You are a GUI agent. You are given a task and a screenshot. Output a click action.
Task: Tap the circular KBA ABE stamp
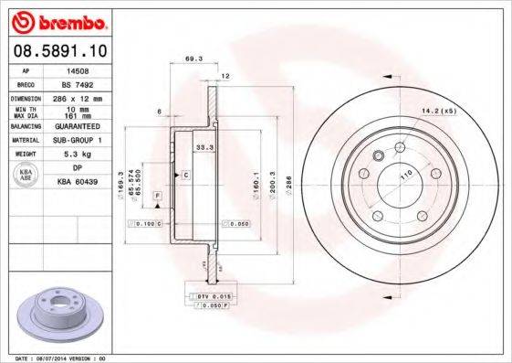pyautogui.click(x=26, y=176)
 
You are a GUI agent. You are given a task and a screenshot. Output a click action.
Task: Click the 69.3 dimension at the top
pyautogui.click(x=193, y=59)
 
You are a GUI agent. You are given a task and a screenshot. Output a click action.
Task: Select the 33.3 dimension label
pyautogui.click(x=204, y=146)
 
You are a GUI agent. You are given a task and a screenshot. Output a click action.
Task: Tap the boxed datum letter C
pyautogui.click(x=185, y=174)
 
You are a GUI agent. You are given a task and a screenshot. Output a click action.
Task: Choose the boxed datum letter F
pyautogui.click(x=157, y=197)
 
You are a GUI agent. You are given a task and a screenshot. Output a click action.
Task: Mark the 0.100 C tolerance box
pyautogui.click(x=145, y=223)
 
